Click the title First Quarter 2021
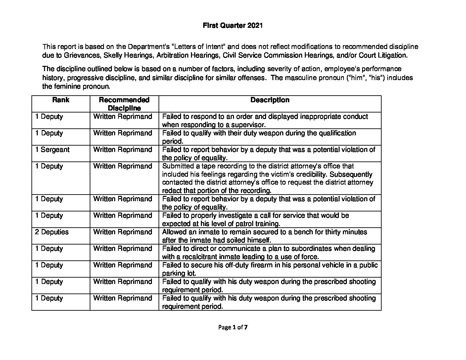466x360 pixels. point(233,26)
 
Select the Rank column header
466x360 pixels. point(61,100)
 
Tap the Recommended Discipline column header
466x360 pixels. point(124,104)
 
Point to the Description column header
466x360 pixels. point(270,100)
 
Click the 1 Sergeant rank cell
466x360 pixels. point(52,150)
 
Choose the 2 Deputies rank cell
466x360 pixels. point(52,232)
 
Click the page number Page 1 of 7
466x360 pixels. point(233,328)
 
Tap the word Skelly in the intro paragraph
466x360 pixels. point(114,55)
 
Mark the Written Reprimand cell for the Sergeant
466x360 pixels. point(122,150)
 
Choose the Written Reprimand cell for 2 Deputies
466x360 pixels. point(122,232)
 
